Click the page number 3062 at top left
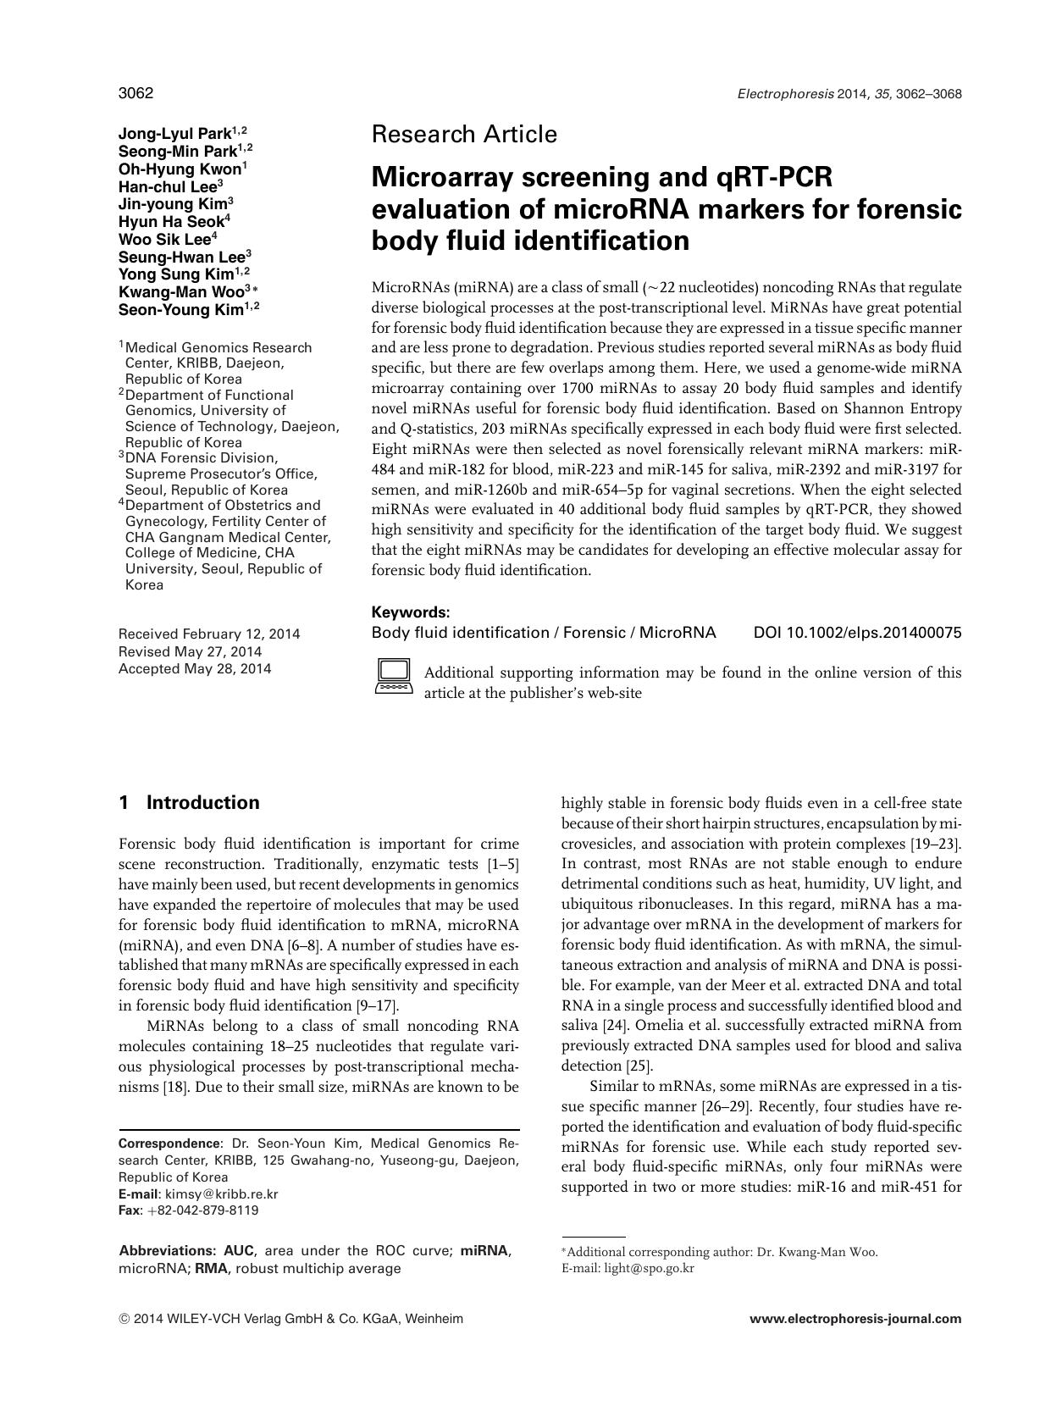tap(136, 93)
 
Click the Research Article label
tap(464, 135)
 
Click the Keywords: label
tap(411, 612)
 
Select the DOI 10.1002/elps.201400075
tap(857, 633)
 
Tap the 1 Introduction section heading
tap(190, 803)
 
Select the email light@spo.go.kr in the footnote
tap(649, 1269)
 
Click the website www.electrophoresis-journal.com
tap(855, 1319)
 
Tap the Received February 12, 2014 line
tap(209, 634)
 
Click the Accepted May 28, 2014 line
tap(195, 669)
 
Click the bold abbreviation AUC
tap(241, 1251)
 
